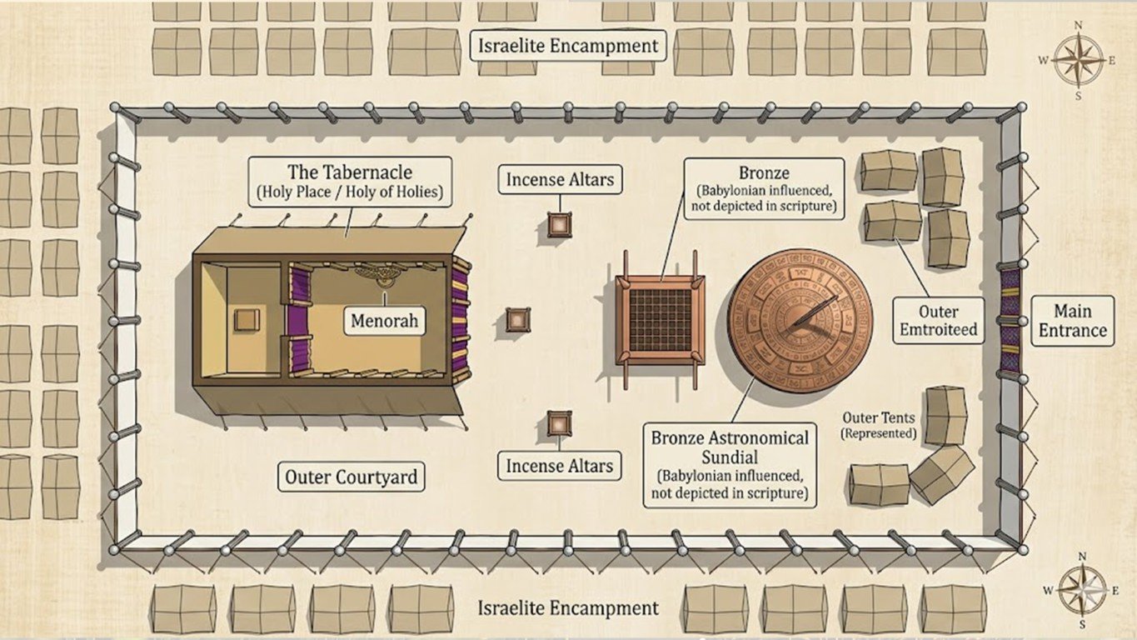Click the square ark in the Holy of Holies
tap(246, 320)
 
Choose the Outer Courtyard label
tap(350, 477)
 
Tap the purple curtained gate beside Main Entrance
tap(1009, 320)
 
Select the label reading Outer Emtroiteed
tap(938, 321)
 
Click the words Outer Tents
tap(879, 417)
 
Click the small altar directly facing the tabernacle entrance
tap(517, 320)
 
